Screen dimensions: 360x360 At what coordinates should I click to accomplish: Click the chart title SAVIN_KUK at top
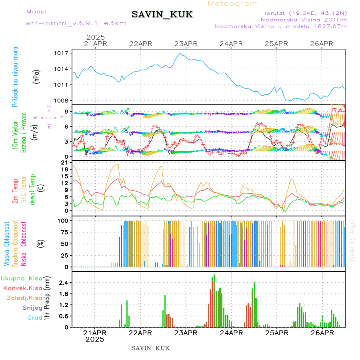(x=162, y=15)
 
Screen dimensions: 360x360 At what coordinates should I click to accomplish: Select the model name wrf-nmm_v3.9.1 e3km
(x=76, y=23)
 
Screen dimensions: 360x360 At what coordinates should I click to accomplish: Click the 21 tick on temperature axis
(x=64, y=162)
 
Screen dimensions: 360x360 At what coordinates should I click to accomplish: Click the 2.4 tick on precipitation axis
(x=63, y=283)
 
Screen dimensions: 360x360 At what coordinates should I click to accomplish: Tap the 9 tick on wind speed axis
(x=65, y=111)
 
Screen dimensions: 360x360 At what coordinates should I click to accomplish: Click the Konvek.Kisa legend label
(x=22, y=288)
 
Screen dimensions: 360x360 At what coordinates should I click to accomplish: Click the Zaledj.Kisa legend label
(x=24, y=298)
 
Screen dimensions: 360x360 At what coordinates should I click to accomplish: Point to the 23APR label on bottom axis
(x=185, y=333)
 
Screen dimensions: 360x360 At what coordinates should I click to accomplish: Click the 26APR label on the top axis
(x=322, y=44)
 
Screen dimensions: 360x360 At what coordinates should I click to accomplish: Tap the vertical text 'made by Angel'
(x=352, y=240)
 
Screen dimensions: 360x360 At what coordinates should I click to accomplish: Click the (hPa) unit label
(x=36, y=76)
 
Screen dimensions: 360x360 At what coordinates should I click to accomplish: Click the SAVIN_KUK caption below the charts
(x=150, y=348)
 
